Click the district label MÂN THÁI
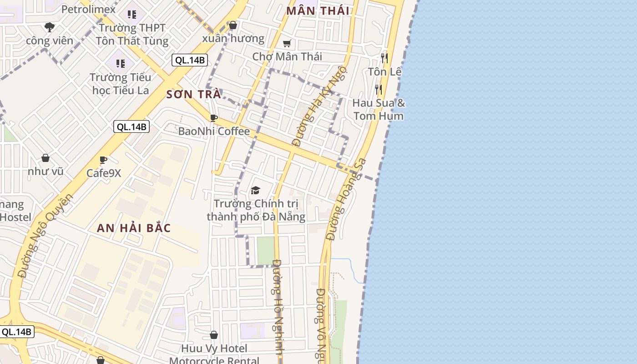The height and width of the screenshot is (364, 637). coord(318,11)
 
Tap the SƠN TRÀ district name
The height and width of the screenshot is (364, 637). coord(194,95)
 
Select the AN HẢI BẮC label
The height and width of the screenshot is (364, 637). coord(134,228)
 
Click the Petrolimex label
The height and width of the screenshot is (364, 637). coord(88,9)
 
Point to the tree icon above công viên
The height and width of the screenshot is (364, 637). coord(50,27)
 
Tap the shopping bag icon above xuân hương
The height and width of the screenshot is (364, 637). coord(233,25)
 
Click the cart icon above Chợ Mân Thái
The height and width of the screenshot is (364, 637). coord(287,44)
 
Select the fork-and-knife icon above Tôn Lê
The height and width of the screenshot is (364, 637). coord(384,58)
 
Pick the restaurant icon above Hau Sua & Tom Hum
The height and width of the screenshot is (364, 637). coord(378,89)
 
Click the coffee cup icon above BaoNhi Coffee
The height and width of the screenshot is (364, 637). coord(214,118)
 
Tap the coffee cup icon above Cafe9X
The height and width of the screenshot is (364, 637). coord(103,160)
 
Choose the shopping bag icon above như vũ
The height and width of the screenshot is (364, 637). coord(45,158)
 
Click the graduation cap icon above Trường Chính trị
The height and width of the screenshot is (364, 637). coord(256,190)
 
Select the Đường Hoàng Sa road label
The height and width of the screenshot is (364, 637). coord(346,199)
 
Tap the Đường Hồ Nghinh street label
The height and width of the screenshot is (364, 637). coord(278,307)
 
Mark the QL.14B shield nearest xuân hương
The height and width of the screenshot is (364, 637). coord(190,60)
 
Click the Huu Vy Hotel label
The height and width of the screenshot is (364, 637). coord(214,349)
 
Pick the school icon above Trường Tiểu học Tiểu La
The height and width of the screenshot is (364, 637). coord(120,63)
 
